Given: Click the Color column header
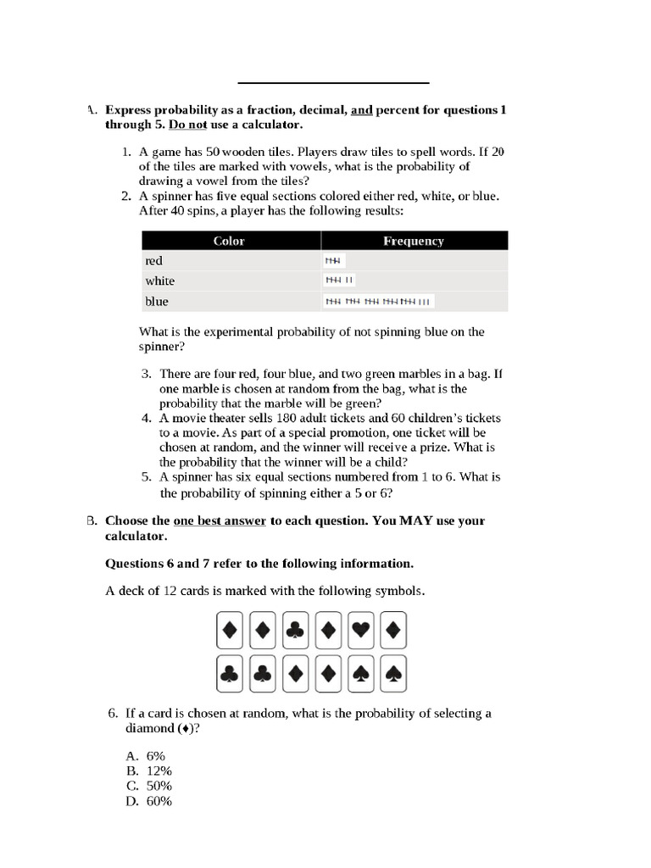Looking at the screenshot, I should pyautogui.click(x=229, y=241).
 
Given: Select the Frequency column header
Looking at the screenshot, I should pyautogui.click(x=413, y=241).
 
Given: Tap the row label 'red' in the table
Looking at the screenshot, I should pyautogui.click(x=154, y=261).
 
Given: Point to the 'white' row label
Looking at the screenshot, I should pyautogui.click(x=160, y=281).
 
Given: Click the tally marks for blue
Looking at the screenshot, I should pyautogui.click(x=378, y=301).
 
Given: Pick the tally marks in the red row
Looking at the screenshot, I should pyautogui.click(x=335, y=261).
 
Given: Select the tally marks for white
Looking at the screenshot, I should pyautogui.click(x=340, y=281).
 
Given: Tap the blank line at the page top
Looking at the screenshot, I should pyautogui.click(x=333, y=83).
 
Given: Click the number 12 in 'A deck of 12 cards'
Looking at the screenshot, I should pyautogui.click(x=169, y=590).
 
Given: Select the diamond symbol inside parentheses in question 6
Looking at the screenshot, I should pyautogui.click(x=189, y=729).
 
